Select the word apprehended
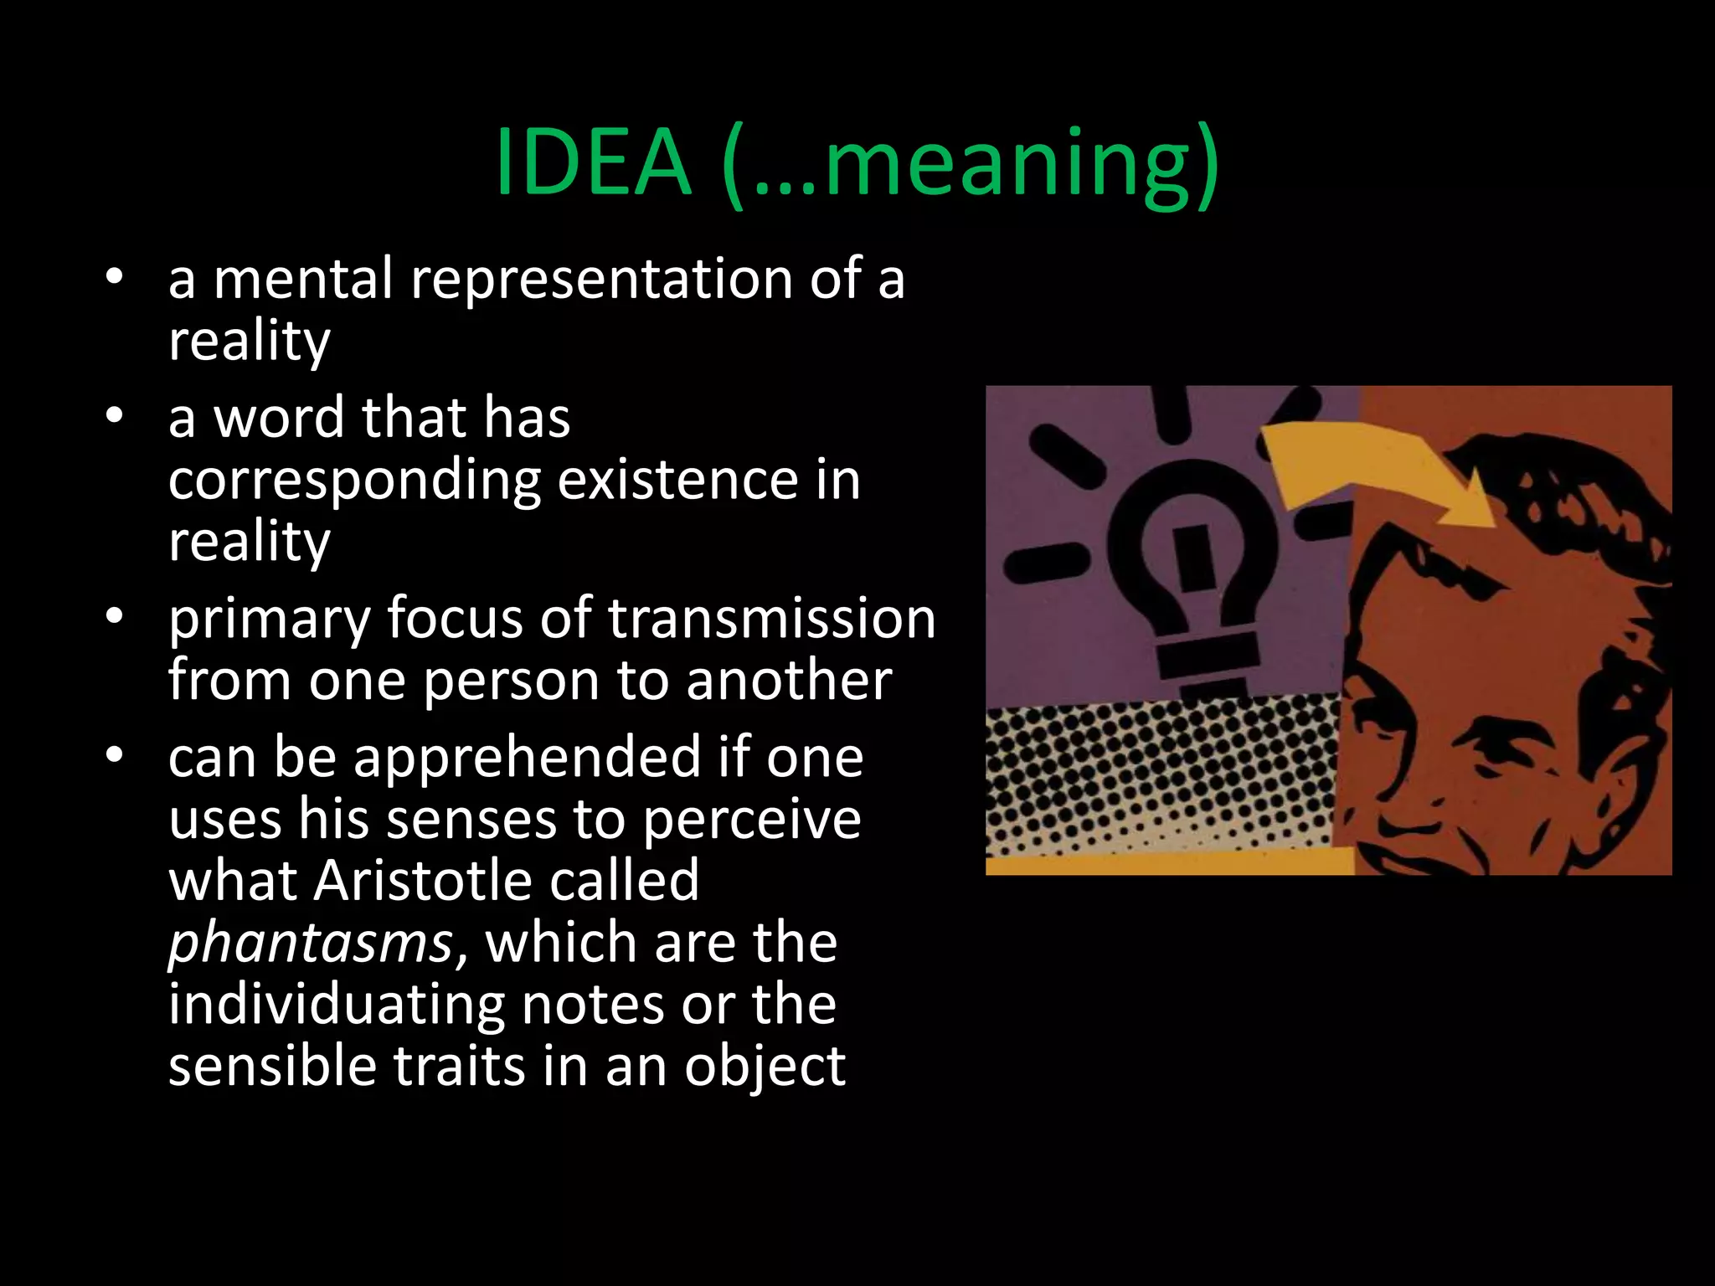click(527, 759)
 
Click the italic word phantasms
click(311, 944)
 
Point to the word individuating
click(336, 1004)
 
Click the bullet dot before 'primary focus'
click(115, 617)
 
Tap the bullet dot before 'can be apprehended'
click(115, 756)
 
